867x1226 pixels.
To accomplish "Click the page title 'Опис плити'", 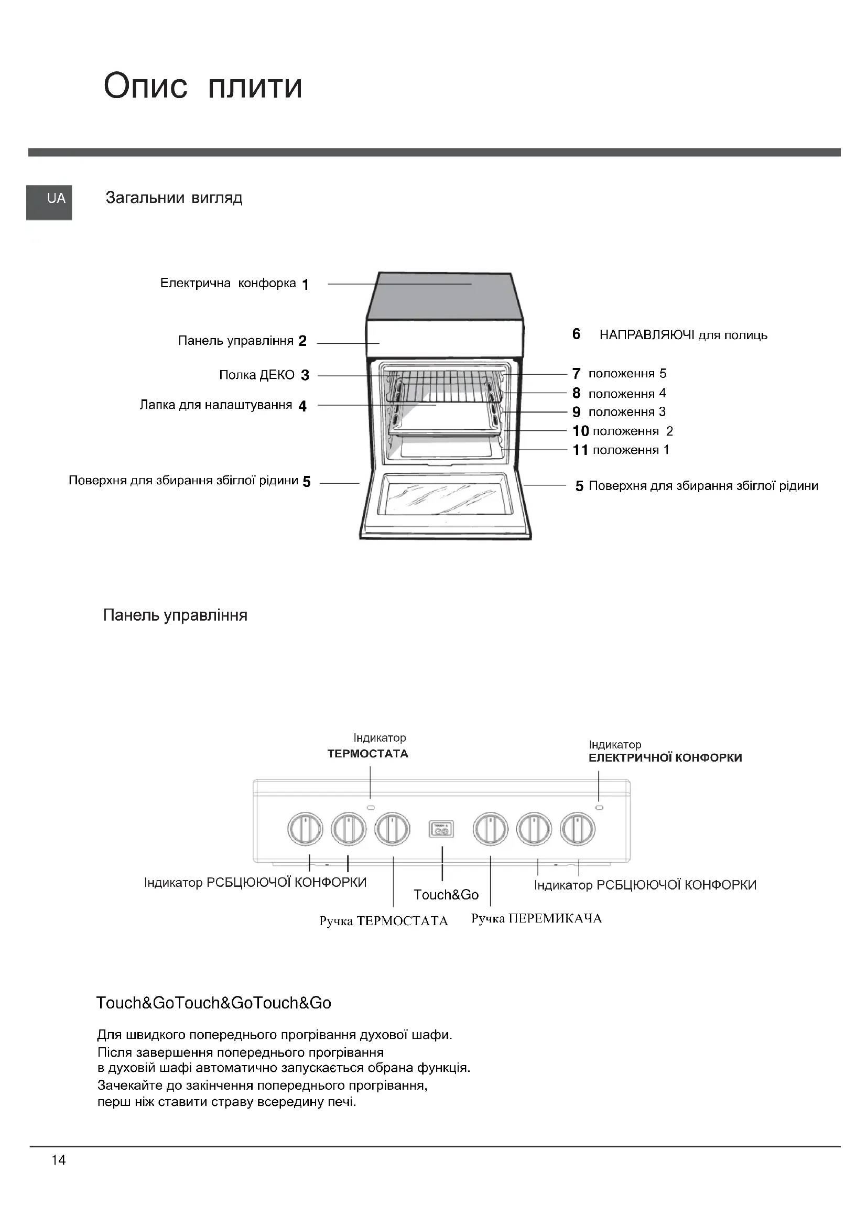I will (203, 86).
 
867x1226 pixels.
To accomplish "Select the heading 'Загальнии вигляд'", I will (174, 198).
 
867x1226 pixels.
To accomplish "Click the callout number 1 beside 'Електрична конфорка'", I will (306, 285).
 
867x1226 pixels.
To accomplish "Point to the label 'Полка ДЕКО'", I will (257, 375).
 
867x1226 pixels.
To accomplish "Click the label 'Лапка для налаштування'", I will (215, 405).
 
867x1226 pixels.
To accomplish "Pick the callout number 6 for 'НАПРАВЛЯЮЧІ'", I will (576, 334).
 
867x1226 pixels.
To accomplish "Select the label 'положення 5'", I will (627, 374).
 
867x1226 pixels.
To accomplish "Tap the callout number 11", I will (580, 450).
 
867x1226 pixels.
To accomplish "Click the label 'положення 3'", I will (627, 412).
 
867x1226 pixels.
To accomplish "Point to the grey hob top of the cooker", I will (444, 296).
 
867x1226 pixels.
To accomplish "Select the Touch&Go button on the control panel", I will (441, 829).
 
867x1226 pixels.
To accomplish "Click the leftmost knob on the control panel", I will (306, 829).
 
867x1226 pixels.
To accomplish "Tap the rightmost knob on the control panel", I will (578, 829).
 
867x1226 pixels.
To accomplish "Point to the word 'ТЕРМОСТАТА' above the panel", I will (368, 754).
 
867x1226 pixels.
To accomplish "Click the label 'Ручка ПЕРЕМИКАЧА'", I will (536, 919).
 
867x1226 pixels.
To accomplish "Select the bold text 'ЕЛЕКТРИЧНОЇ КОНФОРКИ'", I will (665, 758).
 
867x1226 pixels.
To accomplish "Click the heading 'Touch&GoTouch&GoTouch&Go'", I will (213, 1003).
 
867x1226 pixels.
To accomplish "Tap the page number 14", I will (59, 1160).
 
